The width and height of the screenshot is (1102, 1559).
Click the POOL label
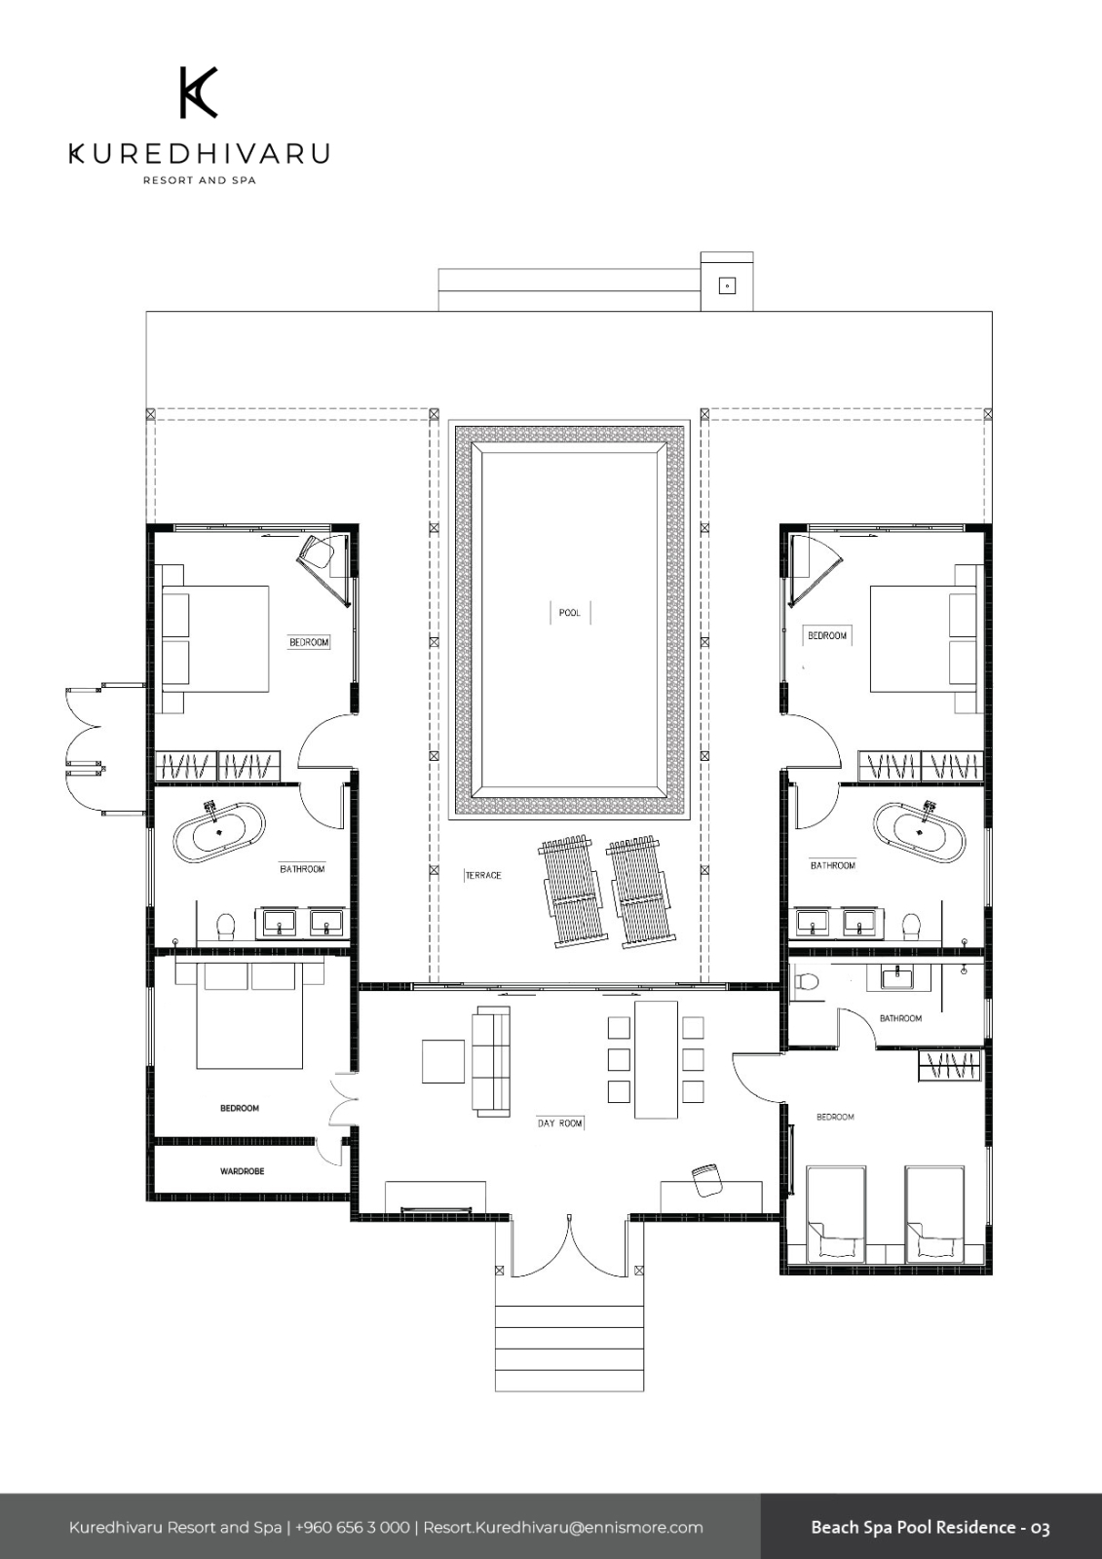[569, 613]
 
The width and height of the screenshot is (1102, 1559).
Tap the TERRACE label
[483, 876]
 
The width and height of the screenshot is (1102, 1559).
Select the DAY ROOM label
[559, 1123]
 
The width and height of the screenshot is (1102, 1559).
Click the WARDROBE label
[243, 1171]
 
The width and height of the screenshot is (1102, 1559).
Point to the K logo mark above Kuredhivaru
[199, 93]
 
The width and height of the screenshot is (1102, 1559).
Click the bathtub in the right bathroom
[920, 832]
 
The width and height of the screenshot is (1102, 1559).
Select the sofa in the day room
[491, 1061]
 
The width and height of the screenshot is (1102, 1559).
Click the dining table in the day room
[656, 1060]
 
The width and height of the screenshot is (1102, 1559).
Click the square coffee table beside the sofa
[443, 1061]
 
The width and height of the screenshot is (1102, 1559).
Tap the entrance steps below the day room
[569, 1349]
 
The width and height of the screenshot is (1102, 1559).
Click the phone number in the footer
[353, 1528]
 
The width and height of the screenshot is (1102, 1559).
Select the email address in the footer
[563, 1528]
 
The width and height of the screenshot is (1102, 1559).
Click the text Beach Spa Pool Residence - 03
[931, 1528]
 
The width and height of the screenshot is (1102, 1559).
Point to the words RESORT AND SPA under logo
[200, 180]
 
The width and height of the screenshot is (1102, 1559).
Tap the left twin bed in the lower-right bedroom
[836, 1214]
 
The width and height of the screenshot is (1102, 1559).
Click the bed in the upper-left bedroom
[214, 639]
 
